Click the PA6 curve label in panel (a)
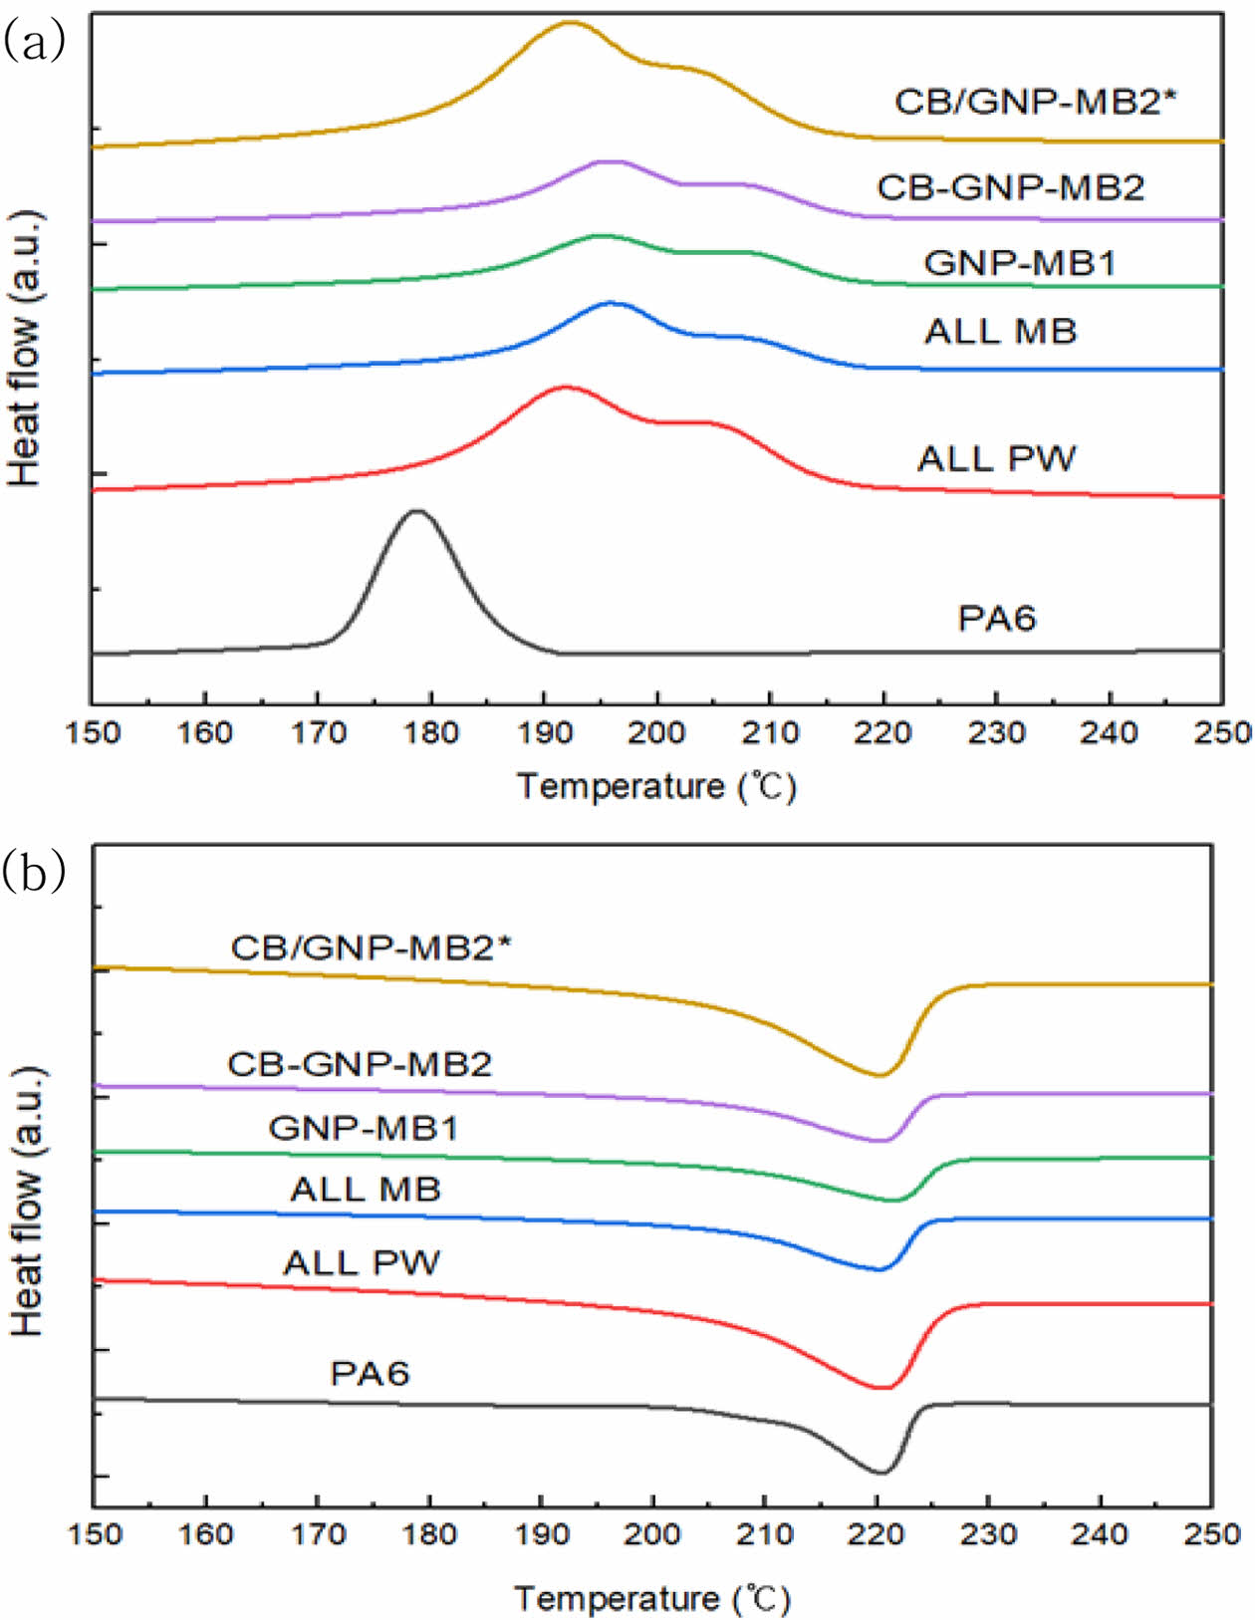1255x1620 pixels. (x=997, y=619)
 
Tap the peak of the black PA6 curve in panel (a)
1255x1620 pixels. (x=417, y=511)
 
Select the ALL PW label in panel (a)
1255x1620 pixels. (x=997, y=459)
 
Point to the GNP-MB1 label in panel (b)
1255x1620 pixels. (x=364, y=1128)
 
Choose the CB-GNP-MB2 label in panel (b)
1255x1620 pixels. (x=360, y=1064)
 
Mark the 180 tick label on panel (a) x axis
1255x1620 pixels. (x=430, y=733)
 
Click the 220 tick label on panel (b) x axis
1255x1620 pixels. (x=877, y=1534)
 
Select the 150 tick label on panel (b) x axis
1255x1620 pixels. (x=95, y=1534)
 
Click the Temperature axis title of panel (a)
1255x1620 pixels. (x=656, y=787)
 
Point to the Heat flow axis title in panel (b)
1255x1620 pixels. (x=27, y=1201)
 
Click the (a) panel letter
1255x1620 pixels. (x=35, y=42)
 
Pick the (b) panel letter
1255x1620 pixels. (x=35, y=871)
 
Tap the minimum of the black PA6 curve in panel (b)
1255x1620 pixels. (x=880, y=1472)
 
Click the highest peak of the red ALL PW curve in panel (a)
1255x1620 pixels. (x=565, y=387)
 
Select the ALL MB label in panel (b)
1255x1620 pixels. (x=366, y=1190)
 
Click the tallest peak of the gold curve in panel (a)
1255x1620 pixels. (x=569, y=22)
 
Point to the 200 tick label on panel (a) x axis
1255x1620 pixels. (x=656, y=733)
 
